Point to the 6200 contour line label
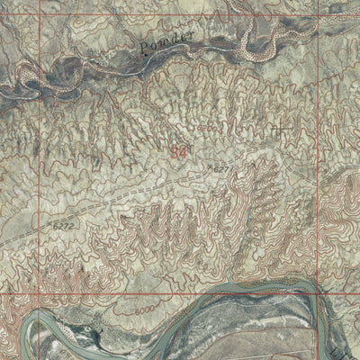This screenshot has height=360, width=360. (209, 129)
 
